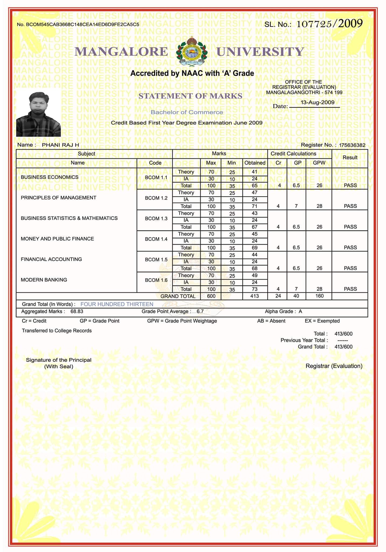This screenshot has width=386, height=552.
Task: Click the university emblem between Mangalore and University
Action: (x=192, y=51)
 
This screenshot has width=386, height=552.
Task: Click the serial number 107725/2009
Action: (x=329, y=24)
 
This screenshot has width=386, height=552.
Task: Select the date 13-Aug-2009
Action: (x=317, y=102)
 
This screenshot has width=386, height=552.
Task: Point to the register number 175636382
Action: (x=352, y=145)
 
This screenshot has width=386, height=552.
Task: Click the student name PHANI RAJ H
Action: (x=60, y=145)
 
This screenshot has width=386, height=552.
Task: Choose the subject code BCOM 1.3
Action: (x=156, y=219)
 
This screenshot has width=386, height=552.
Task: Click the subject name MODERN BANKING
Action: (x=44, y=280)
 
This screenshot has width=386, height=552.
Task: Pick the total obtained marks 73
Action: (x=254, y=289)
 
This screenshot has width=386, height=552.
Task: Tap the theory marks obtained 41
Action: (x=254, y=172)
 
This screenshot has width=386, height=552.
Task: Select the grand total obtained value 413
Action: (x=254, y=296)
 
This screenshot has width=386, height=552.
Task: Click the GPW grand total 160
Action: (x=319, y=296)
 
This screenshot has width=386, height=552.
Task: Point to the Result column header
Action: (x=350, y=157)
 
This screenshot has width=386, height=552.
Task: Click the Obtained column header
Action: (x=255, y=163)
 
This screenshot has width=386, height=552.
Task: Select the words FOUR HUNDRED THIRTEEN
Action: (x=117, y=304)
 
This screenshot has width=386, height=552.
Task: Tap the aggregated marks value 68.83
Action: (x=77, y=312)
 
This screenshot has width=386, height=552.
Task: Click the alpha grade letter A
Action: (x=300, y=312)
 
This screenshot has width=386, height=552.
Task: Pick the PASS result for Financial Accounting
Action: (x=350, y=268)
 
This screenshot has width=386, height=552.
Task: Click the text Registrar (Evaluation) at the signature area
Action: (x=334, y=366)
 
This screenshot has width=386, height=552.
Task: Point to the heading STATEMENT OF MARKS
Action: (x=190, y=96)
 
